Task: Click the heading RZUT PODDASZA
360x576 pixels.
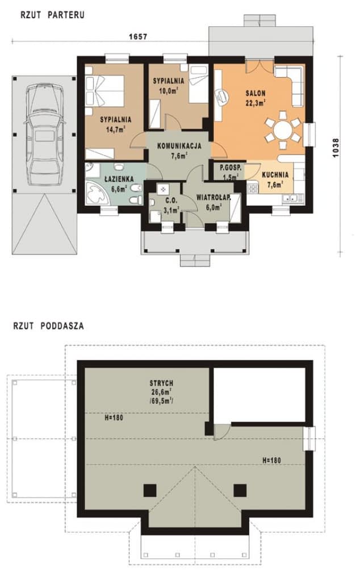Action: click(48, 326)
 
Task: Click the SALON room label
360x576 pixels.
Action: click(256, 93)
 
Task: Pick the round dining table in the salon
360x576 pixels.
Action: click(282, 130)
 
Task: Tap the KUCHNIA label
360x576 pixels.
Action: click(275, 175)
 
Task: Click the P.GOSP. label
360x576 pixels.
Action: click(231, 169)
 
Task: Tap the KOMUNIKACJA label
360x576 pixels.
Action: click(179, 146)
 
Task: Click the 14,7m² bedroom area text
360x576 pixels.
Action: click(116, 129)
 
